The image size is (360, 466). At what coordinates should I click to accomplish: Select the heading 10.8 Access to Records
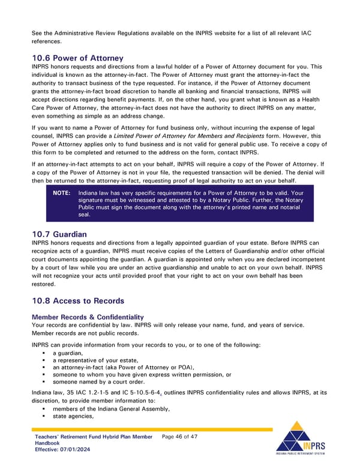(x=78, y=300)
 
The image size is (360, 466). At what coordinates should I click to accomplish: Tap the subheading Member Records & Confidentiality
(x=88, y=316)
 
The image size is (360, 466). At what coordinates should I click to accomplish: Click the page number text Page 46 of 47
(x=180, y=436)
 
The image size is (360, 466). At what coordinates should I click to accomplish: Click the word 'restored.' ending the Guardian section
(x=44, y=285)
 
